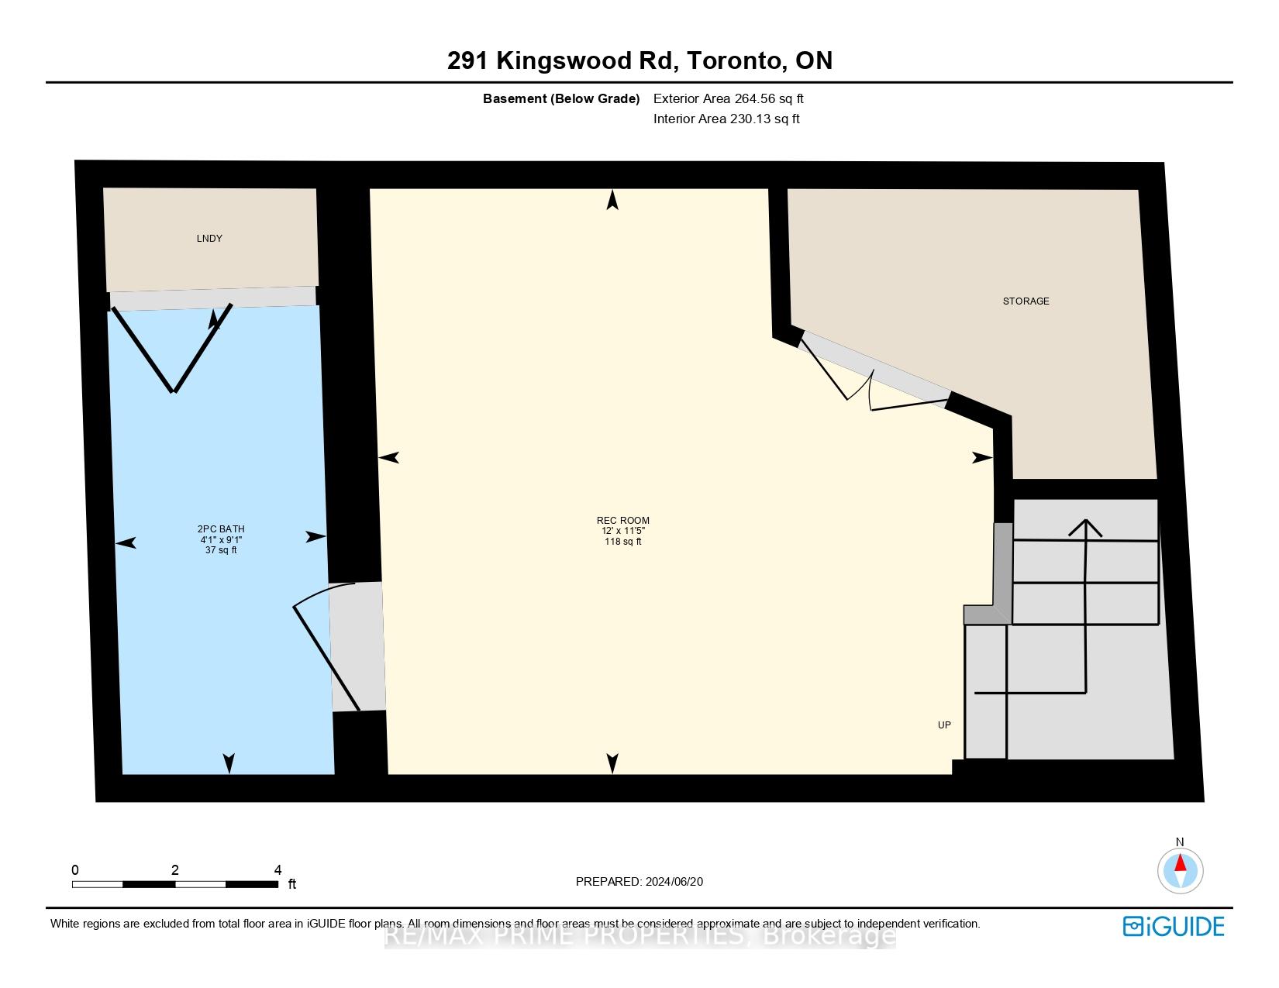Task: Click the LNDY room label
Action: click(x=209, y=239)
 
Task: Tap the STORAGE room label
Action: click(x=1026, y=301)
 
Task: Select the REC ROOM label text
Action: click(x=622, y=521)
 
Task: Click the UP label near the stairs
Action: click(x=944, y=725)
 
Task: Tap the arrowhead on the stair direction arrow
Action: click(x=1086, y=528)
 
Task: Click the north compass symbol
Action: click(x=1180, y=869)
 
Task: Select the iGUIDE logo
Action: click(x=1174, y=926)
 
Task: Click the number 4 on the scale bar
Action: click(x=278, y=870)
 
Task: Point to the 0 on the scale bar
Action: click(x=75, y=870)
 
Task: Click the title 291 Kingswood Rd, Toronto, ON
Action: click(x=639, y=60)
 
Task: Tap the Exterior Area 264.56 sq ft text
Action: click(x=728, y=98)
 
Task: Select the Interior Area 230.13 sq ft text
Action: click(x=726, y=119)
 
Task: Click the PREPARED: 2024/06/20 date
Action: click(x=639, y=882)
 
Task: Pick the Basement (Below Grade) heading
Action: click(x=561, y=98)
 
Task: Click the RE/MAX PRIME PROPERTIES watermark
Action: click(x=639, y=937)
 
